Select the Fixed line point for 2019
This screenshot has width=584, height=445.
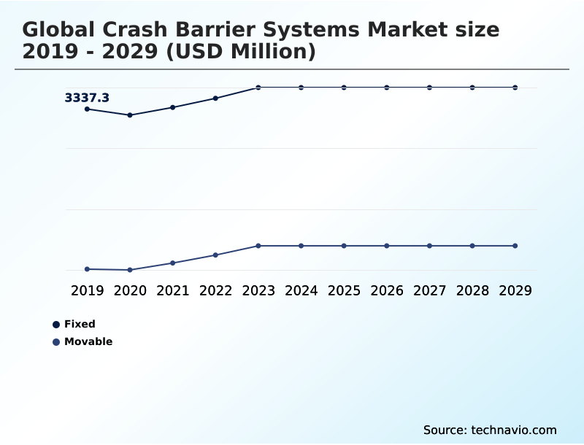pyautogui.click(x=88, y=109)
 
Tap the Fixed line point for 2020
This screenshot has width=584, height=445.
pyautogui.click(x=130, y=115)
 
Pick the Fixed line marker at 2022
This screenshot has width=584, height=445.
pyautogui.click(x=215, y=98)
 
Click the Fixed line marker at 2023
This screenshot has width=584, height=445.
pyautogui.click(x=258, y=88)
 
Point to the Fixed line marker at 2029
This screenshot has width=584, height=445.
pyautogui.click(x=515, y=88)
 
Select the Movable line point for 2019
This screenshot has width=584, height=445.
pyautogui.click(x=88, y=269)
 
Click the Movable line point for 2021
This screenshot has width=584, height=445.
pyautogui.click(x=173, y=263)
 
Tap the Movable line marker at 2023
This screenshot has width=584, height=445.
pyautogui.click(x=258, y=246)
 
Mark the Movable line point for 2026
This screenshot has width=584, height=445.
pyautogui.click(x=387, y=246)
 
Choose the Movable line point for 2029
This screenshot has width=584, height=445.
pyautogui.click(x=515, y=246)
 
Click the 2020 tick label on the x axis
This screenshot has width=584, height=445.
pyautogui.click(x=130, y=290)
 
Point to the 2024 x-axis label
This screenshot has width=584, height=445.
pyautogui.click(x=301, y=290)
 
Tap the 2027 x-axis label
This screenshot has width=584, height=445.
pyautogui.click(x=429, y=290)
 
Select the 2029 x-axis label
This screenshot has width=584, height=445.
pyautogui.click(x=515, y=290)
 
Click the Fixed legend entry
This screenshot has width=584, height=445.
pyautogui.click(x=80, y=324)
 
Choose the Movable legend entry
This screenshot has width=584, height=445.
pyautogui.click(x=88, y=341)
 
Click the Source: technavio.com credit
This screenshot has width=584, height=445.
pyautogui.click(x=490, y=430)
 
